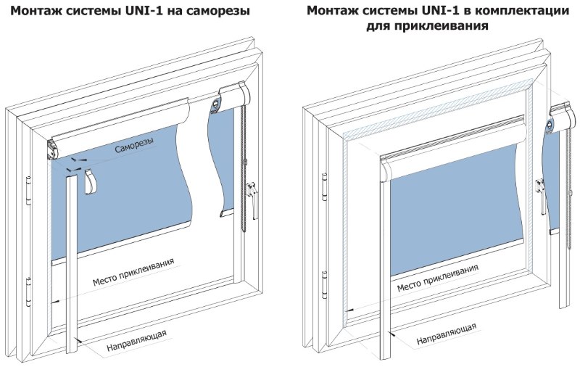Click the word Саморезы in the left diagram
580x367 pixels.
134,147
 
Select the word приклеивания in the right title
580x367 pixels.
445,26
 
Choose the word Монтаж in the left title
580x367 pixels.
36,12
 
